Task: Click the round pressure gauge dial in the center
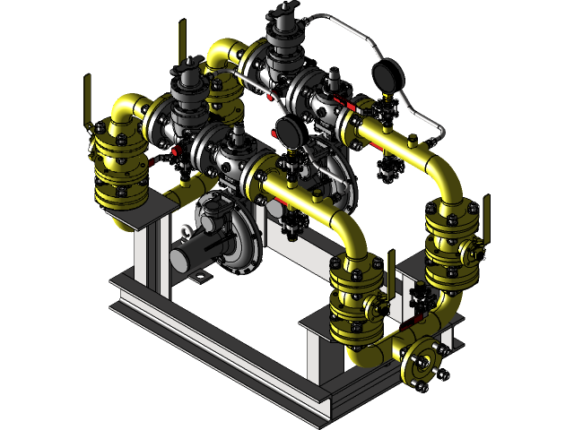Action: point(287,131)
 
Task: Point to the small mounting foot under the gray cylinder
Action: point(198,279)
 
